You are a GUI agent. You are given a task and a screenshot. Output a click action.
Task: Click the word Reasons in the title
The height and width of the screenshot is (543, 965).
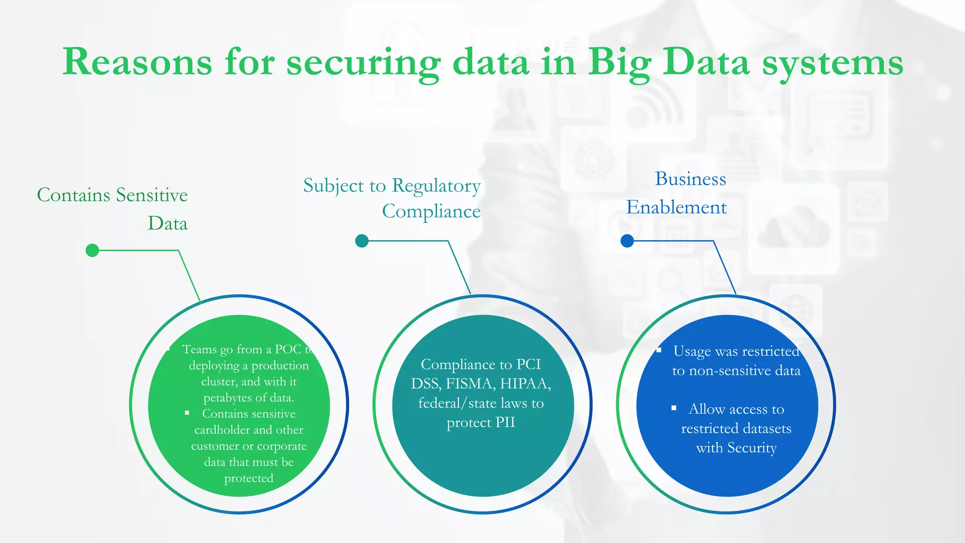coord(137,62)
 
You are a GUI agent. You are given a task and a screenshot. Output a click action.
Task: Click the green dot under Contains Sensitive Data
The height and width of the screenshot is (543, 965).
coord(92,250)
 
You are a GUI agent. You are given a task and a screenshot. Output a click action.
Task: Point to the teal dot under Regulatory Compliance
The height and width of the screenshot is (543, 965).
coord(362,241)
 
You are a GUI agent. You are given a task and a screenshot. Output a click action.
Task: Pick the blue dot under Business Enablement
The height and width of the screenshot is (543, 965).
coord(627,241)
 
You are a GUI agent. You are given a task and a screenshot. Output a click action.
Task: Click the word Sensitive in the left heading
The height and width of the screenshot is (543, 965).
coord(152,195)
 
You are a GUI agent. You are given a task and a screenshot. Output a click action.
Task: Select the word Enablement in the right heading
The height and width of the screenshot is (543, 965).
coord(676,207)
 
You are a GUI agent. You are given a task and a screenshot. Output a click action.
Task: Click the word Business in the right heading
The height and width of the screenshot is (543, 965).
coord(690,179)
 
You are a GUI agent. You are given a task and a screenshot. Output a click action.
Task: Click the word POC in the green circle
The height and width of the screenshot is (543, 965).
coord(288,349)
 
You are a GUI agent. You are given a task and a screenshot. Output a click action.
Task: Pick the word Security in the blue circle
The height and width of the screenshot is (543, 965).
coord(752,448)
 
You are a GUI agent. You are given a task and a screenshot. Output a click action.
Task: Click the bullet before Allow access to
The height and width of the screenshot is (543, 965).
coord(674,408)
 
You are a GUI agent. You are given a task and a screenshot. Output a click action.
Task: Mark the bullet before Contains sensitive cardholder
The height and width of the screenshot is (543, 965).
coord(187,413)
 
